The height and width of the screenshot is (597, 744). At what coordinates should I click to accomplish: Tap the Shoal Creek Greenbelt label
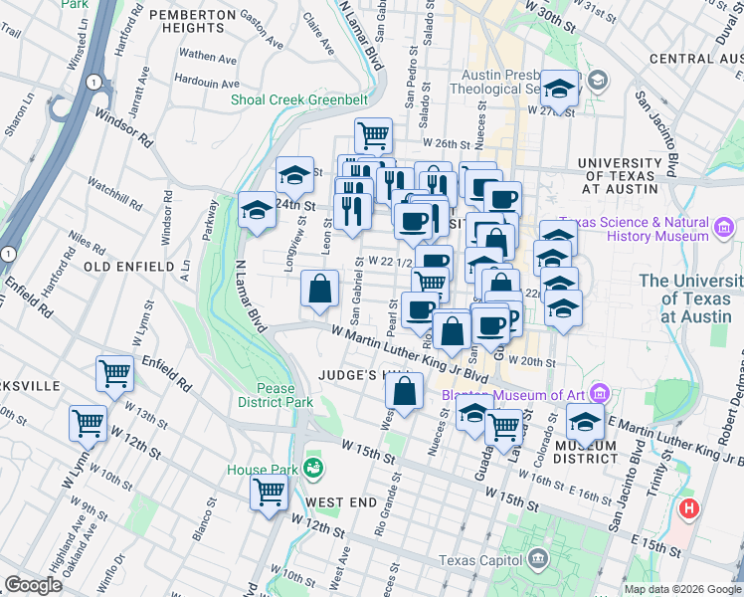(298, 100)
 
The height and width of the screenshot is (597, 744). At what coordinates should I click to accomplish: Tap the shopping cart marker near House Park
(269, 492)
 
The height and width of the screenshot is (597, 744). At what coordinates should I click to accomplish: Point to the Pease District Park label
(275, 395)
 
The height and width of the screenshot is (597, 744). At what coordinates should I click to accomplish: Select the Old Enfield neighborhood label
(122, 267)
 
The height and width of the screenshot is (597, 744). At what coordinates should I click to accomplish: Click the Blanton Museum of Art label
(517, 392)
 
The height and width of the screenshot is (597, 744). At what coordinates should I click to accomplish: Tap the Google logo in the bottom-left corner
(33, 585)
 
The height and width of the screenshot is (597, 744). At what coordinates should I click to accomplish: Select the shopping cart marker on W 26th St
(373, 134)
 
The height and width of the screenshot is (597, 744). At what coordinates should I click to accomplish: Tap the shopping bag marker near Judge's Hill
(405, 390)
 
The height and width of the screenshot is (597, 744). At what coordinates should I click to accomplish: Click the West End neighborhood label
(341, 501)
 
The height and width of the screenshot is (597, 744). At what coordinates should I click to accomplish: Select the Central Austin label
(695, 59)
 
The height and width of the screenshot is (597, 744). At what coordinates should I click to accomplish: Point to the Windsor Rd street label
(123, 126)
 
